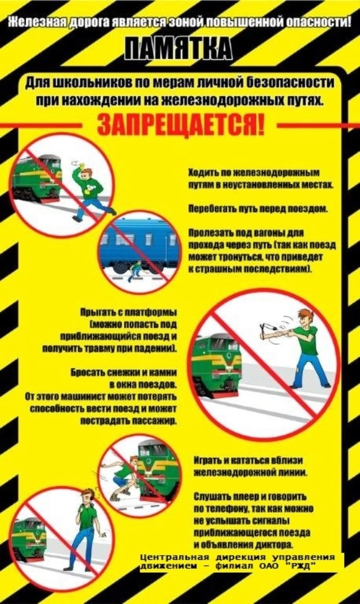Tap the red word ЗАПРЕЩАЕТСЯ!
[181, 124]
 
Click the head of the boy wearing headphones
[88, 499]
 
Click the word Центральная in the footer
[174, 558]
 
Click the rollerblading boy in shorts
[123, 477]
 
